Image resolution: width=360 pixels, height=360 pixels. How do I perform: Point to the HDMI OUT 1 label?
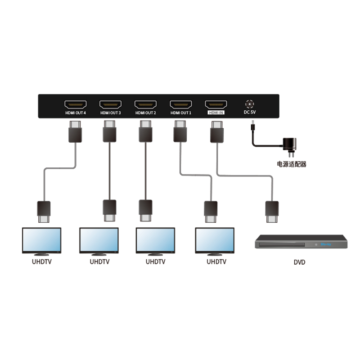pyautogui.click(x=180, y=113)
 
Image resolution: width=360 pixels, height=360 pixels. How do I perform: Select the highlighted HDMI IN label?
pyautogui.click(x=216, y=113)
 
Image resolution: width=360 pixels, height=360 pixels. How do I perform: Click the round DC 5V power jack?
pyautogui.click(x=249, y=103)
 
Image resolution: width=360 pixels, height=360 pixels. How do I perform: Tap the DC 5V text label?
pyautogui.click(x=249, y=113)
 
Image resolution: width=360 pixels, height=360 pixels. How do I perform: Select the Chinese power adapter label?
pyautogui.click(x=292, y=165)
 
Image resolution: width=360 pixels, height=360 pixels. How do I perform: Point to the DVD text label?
pyautogui.click(x=299, y=261)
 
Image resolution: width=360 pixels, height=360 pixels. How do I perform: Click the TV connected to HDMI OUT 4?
pyautogui.click(x=41, y=241)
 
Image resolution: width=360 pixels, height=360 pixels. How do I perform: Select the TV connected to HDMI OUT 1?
pyautogui.click(x=215, y=241)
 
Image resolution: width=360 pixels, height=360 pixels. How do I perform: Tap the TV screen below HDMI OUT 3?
pyautogui.click(x=99, y=240)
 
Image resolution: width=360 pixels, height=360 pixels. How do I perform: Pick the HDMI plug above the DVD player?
pyautogui.click(x=272, y=211)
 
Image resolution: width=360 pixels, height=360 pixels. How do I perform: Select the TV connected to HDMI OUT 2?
pyautogui.click(x=156, y=241)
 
